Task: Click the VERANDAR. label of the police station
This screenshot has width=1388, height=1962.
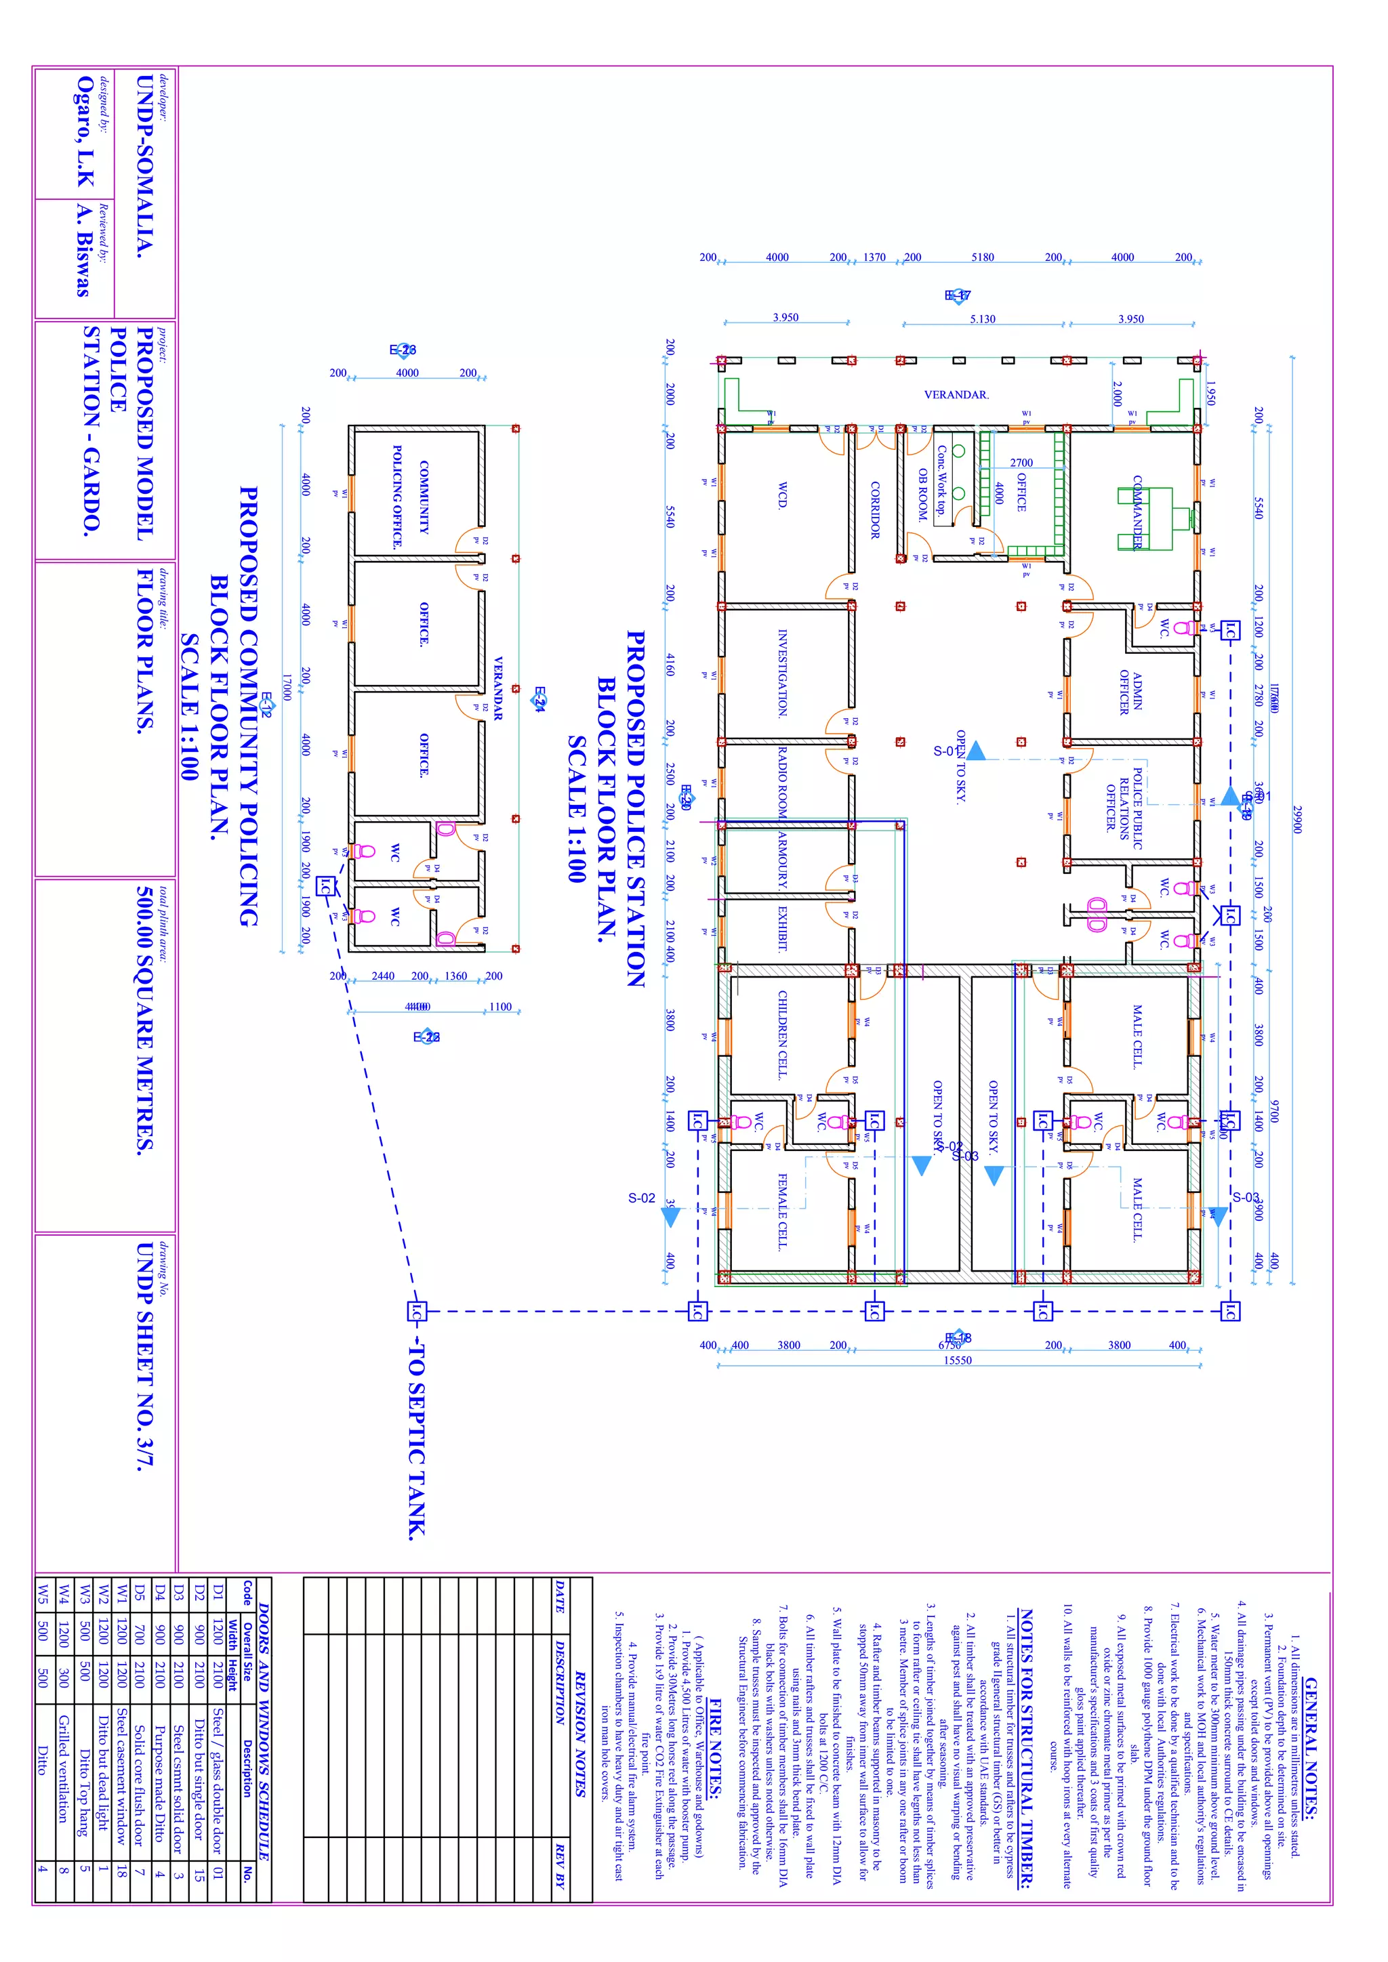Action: click(956, 395)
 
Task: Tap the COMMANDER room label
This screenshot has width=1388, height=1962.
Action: click(1138, 512)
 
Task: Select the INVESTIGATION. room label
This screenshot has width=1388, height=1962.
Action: click(782, 673)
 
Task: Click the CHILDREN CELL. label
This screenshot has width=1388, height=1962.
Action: click(782, 1035)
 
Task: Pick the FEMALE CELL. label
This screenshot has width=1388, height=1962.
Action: click(782, 1212)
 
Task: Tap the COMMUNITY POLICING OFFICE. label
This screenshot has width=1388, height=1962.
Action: click(410, 497)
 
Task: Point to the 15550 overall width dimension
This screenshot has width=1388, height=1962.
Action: click(957, 1360)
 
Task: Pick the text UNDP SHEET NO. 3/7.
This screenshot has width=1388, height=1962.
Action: click(145, 1355)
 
